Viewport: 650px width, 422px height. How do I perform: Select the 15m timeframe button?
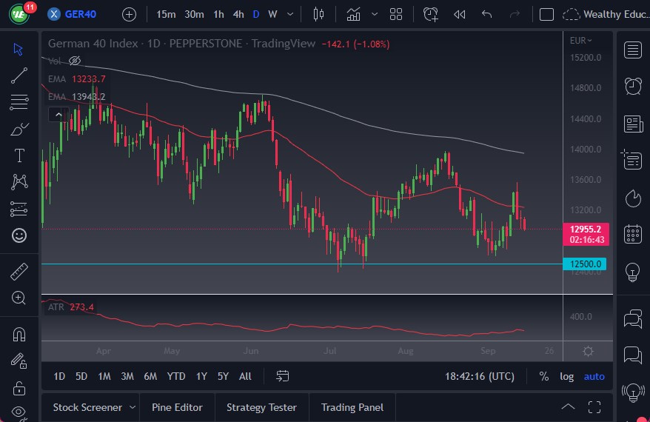click(x=167, y=14)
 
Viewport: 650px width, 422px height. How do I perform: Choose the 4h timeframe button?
click(x=238, y=14)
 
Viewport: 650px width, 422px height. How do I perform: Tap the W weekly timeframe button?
click(x=272, y=14)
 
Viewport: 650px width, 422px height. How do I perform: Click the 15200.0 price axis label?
click(x=585, y=57)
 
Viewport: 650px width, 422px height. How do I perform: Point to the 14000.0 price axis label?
click(x=585, y=149)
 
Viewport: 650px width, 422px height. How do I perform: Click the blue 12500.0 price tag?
click(x=585, y=264)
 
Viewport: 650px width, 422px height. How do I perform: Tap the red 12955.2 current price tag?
click(x=585, y=229)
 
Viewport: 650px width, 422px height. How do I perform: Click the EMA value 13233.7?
click(x=88, y=78)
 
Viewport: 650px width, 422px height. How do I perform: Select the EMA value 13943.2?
click(x=88, y=96)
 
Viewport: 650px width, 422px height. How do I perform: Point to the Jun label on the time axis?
click(x=250, y=351)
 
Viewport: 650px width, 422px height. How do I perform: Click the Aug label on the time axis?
click(x=404, y=351)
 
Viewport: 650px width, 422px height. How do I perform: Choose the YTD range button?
click(x=176, y=376)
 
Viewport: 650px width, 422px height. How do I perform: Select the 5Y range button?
click(x=223, y=376)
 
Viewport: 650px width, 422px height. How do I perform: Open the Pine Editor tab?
click(x=177, y=407)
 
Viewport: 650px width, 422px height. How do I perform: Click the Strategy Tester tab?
click(x=261, y=407)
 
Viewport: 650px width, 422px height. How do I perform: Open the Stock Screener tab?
click(x=87, y=407)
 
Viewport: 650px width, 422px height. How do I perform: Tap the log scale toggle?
click(x=566, y=376)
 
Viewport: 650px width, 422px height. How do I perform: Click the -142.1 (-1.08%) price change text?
click(x=355, y=44)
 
